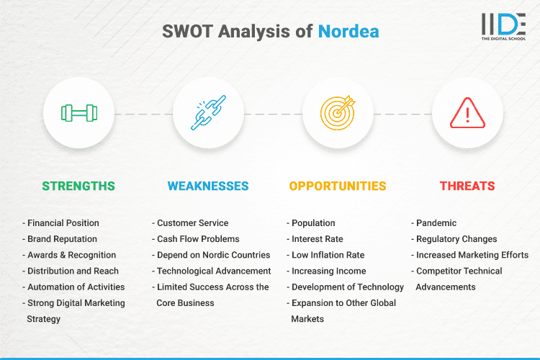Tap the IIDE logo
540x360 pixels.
pos(503,26)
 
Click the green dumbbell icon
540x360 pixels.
pos(78,113)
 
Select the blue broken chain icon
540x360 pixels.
pos(208,113)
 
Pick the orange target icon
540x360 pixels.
pos(338,113)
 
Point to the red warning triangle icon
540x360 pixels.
pos(467,113)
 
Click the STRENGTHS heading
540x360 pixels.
pos(78,186)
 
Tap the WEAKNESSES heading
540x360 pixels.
pos(208,186)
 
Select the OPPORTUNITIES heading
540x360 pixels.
pos(338,186)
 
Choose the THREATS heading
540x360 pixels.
pos(467,186)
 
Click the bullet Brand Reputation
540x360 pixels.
pos(62,239)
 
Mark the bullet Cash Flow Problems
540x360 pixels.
pos(198,239)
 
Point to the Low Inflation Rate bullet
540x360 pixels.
pos(328,255)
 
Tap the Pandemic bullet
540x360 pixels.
pos(436,223)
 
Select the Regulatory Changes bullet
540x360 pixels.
pos(456,239)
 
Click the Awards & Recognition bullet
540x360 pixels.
pos(70,255)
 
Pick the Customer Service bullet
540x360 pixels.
pos(192,223)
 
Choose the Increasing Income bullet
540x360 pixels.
pos(328,271)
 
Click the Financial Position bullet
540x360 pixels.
pos(63,223)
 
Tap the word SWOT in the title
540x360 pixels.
pos(187,32)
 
